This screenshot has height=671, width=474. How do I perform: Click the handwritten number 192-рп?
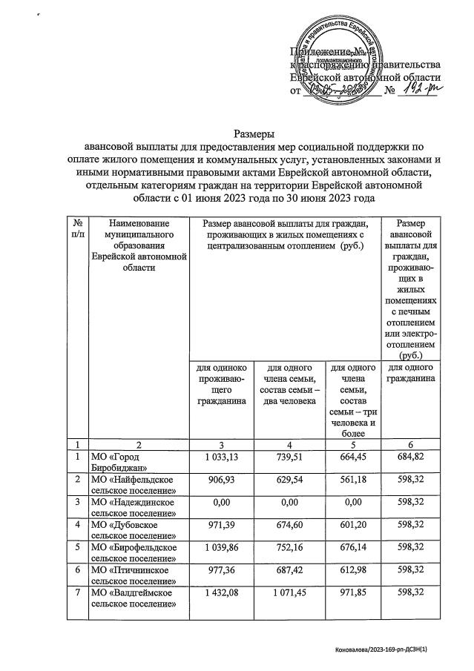pyautogui.click(x=420, y=91)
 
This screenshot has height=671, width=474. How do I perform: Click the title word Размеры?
pyautogui.click(x=255, y=134)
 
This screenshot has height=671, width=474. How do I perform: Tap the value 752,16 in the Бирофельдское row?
pyautogui.click(x=289, y=550)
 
